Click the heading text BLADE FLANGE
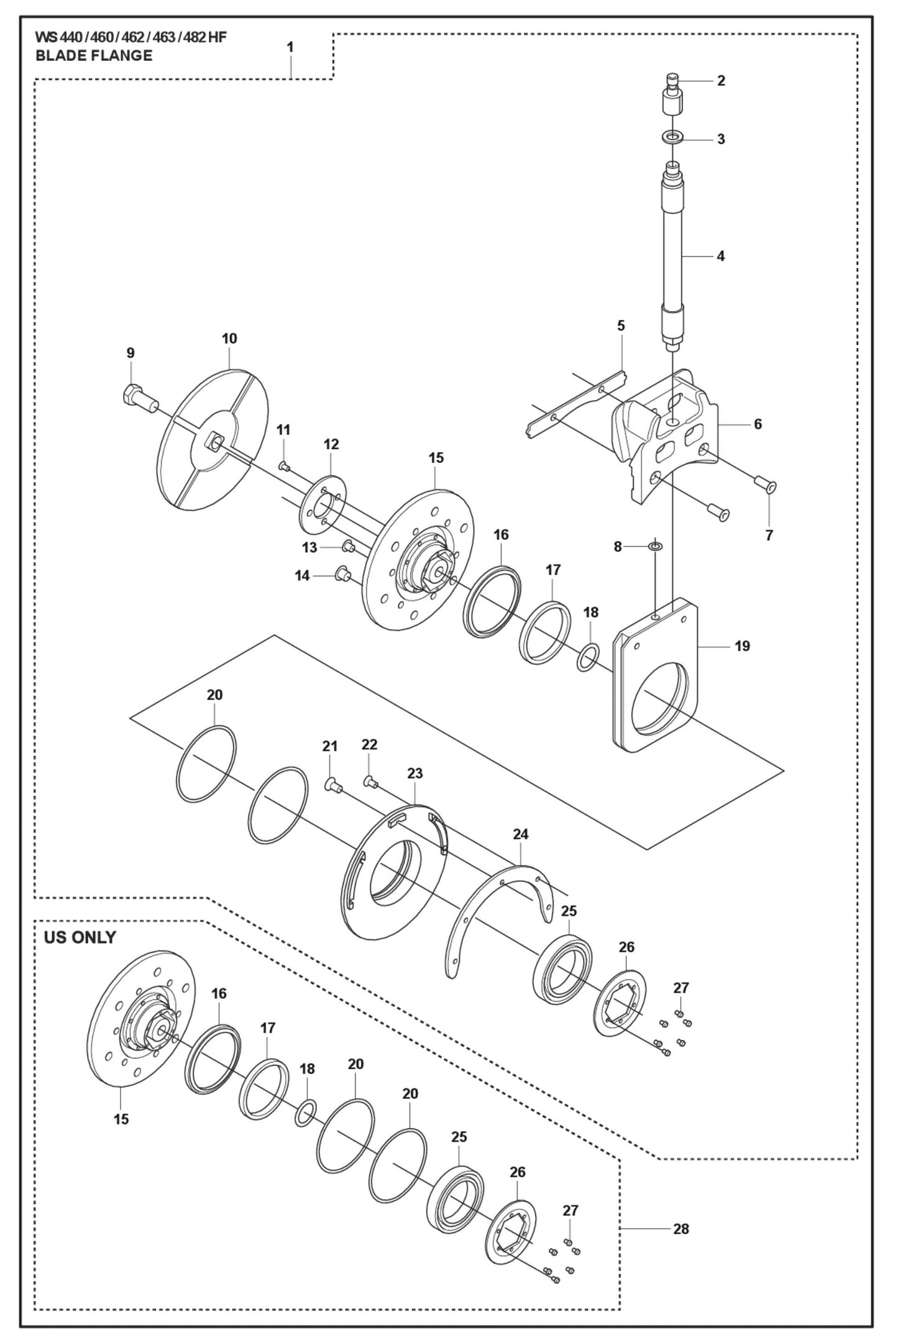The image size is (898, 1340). (93, 56)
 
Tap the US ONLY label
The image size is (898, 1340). (80, 937)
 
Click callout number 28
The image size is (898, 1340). (680, 1228)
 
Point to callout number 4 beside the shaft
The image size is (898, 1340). (720, 255)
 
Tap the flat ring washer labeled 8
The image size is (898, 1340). (655, 546)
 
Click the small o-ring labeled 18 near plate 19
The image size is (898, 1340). (589, 657)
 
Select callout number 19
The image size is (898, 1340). (742, 646)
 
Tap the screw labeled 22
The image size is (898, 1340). (370, 781)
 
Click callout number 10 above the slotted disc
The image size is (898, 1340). (229, 339)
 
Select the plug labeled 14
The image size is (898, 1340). (341, 573)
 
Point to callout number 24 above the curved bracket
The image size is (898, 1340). (520, 834)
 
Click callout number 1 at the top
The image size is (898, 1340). (290, 47)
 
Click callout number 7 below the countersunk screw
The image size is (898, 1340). (769, 535)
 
